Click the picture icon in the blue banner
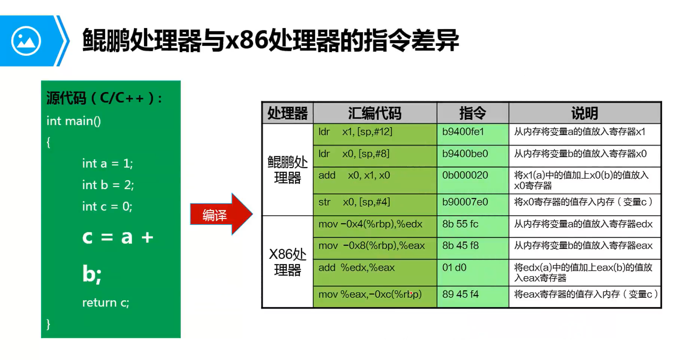pyautogui.click(x=26, y=41)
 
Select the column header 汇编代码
pyautogui.click(x=374, y=113)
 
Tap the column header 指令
pyautogui.click(x=472, y=113)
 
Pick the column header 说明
pyautogui.click(x=584, y=113)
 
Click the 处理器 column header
pyautogui.click(x=287, y=113)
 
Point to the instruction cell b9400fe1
pyautogui.click(x=463, y=132)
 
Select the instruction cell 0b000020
pyautogui.click(x=465, y=175)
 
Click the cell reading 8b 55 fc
pyautogui.click(x=460, y=224)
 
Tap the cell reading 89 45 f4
pyautogui.click(x=460, y=294)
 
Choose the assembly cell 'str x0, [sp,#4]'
pyautogui.click(x=354, y=202)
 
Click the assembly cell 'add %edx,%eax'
pyautogui.click(x=356, y=268)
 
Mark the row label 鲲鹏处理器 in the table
pyautogui.click(x=287, y=170)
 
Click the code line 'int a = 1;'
pyautogui.click(x=108, y=163)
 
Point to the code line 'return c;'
pyautogui.click(x=106, y=303)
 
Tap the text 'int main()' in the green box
pyautogui.click(x=74, y=121)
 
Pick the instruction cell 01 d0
pyautogui.click(x=454, y=268)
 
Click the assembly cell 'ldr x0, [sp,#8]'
pyautogui.click(x=354, y=154)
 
